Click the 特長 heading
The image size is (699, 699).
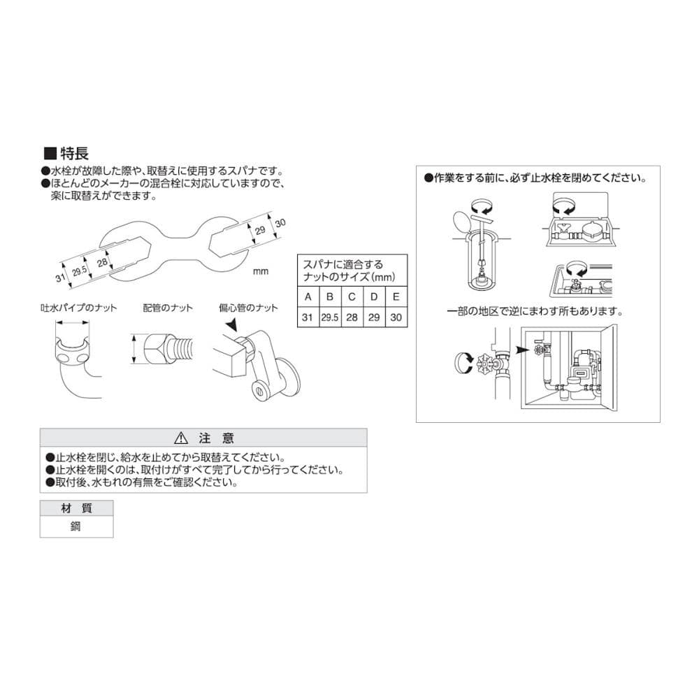pyautogui.click(x=74, y=153)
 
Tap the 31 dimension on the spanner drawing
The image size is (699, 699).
pyautogui.click(x=61, y=278)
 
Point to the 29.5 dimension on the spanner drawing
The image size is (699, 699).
pyautogui.click(x=80, y=270)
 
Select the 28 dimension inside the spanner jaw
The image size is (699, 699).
pyautogui.click(x=103, y=262)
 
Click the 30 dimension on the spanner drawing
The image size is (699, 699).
pyautogui.click(x=280, y=223)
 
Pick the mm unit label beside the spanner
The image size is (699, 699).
pyautogui.click(x=261, y=271)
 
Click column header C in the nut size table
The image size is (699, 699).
pyautogui.click(x=352, y=297)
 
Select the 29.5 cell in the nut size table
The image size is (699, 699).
pyautogui.click(x=330, y=317)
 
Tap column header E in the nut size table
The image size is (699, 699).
pyautogui.click(x=396, y=297)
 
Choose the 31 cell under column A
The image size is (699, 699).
pyautogui.click(x=308, y=317)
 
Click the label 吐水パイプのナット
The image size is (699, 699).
pyautogui.click(x=78, y=308)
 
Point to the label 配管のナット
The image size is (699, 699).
pyautogui.click(x=168, y=308)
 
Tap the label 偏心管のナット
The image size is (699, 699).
pyautogui.click(x=248, y=308)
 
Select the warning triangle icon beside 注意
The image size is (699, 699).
pyautogui.click(x=181, y=438)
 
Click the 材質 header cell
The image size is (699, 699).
pyautogui.click(x=76, y=508)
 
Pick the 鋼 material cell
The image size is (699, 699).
pyautogui.click(x=76, y=526)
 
